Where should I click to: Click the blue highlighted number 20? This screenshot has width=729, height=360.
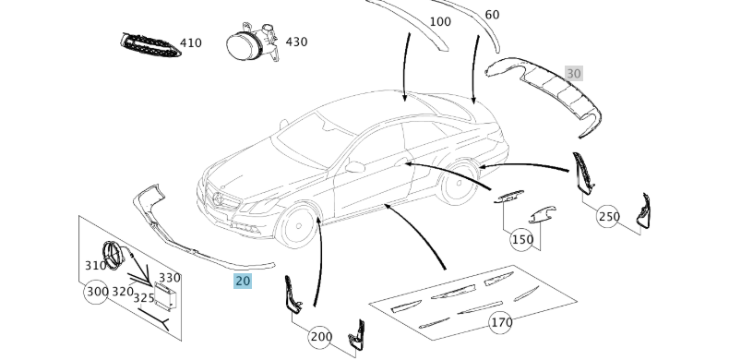point(243,281)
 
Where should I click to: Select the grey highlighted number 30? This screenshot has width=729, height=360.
point(574,74)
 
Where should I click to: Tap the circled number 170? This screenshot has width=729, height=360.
point(501,322)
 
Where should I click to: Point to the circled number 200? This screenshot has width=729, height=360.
point(320,337)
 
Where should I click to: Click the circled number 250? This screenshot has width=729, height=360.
point(609,216)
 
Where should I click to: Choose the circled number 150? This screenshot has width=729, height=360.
point(521,239)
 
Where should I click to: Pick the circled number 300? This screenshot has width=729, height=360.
point(97,292)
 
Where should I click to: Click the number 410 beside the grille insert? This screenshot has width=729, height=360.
point(191,43)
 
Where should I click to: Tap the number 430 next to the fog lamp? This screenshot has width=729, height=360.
point(296,42)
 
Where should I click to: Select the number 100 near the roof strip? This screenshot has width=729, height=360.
point(440,22)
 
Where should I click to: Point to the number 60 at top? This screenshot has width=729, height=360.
point(492,15)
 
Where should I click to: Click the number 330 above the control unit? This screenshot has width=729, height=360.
point(169,278)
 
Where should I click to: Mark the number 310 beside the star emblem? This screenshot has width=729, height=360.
point(95,266)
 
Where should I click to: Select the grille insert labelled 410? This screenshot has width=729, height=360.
point(149,45)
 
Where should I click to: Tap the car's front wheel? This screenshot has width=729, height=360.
point(298,225)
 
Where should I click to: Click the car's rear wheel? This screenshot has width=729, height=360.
point(459,184)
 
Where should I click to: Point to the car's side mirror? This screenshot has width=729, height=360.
point(354,166)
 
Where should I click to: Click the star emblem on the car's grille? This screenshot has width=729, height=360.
point(216,199)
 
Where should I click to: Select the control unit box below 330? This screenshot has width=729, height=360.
point(166,296)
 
